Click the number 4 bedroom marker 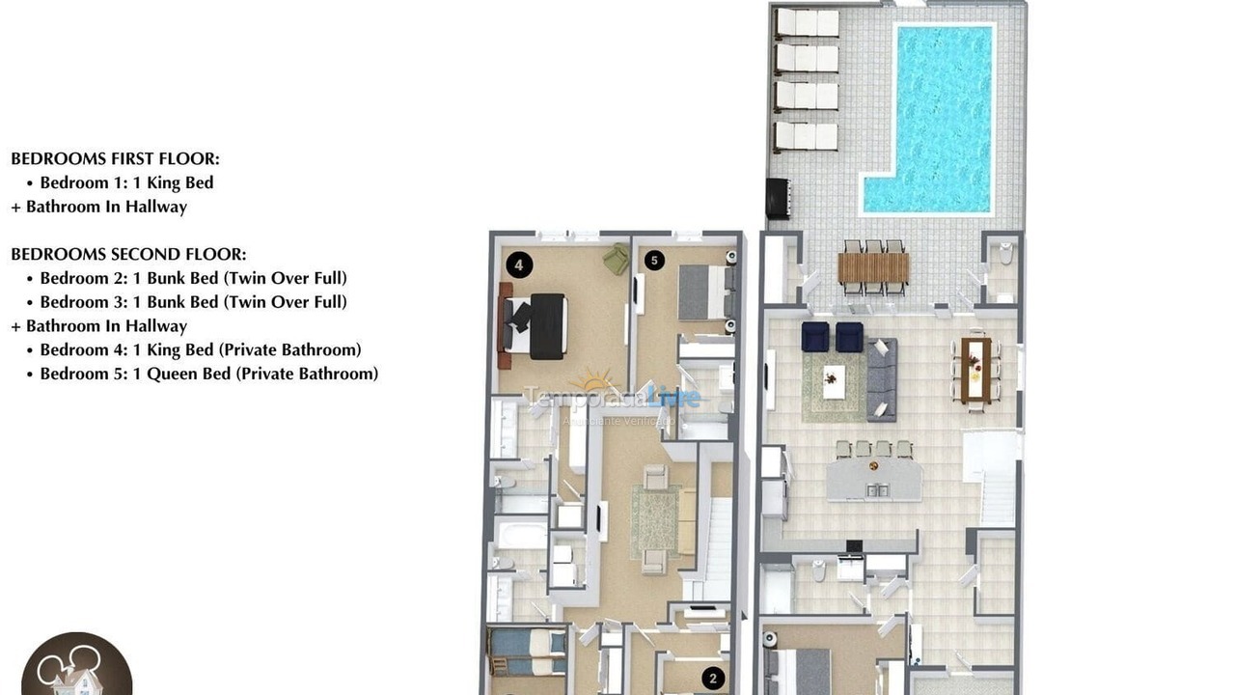[x=519, y=264]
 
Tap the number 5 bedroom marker [x=654, y=260]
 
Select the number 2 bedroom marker [x=713, y=679]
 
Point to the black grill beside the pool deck [x=778, y=198]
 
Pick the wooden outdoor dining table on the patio [x=873, y=267]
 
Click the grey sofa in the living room [x=881, y=378]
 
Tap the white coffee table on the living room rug [x=834, y=380]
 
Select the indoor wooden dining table [x=975, y=369]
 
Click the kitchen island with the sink [x=874, y=479]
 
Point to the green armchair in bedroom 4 [x=616, y=259]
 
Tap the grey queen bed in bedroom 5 [x=704, y=292]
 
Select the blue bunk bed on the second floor [x=527, y=652]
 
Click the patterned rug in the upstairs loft [x=655, y=520]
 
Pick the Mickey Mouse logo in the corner [x=76, y=667]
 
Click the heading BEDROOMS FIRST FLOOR [x=115, y=159]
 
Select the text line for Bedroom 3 [x=193, y=302]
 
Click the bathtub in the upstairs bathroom [x=521, y=534]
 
